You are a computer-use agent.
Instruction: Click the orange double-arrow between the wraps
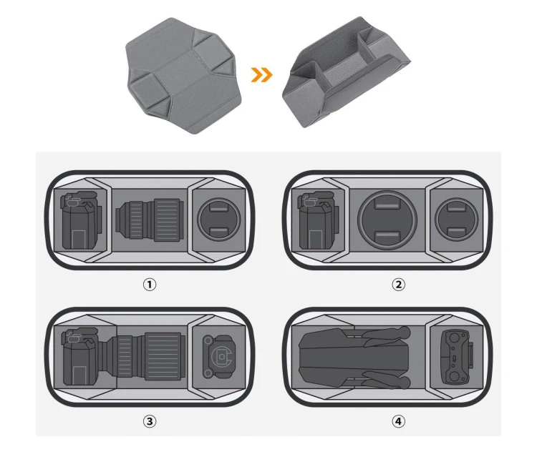pos(261,75)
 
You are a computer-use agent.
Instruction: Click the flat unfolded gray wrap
pos(183,76)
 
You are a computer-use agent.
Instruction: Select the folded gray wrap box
pos(346,72)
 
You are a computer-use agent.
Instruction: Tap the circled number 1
pos(150,285)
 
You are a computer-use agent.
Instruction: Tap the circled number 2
pos(398,285)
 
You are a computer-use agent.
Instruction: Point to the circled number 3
pos(150,421)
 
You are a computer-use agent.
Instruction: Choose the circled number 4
pos(398,421)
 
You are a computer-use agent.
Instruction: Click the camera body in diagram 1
pos(82,220)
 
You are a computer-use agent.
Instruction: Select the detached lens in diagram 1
pos(150,220)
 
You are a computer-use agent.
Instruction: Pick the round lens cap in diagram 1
pos(219,220)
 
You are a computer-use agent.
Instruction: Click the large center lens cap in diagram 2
pos(387,220)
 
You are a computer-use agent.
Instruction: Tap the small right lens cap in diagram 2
pos(457,220)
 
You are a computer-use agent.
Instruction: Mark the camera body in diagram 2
pos(319,220)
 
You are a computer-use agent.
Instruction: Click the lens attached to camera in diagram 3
pos(144,356)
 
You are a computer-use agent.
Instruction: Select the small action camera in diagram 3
pos(219,357)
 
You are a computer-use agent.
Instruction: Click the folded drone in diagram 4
pos(354,358)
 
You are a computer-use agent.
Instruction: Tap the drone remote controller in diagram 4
pos(458,357)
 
